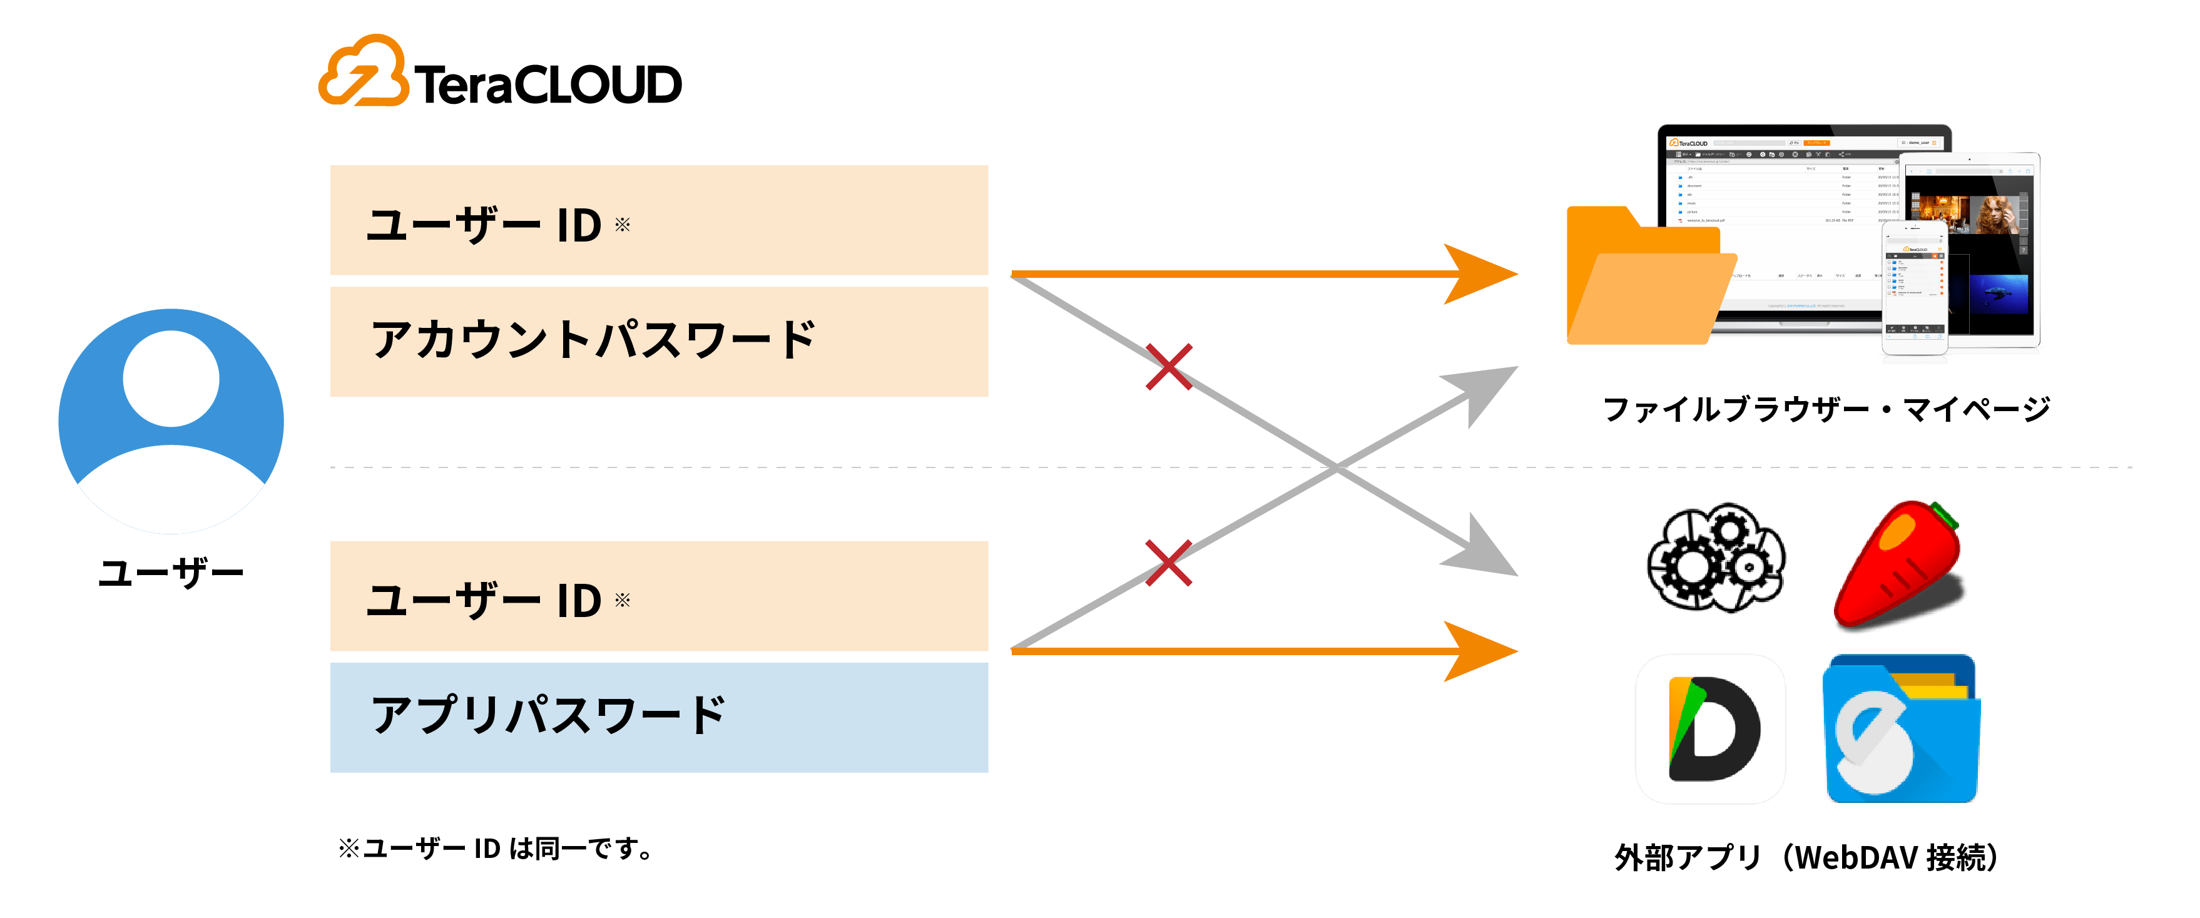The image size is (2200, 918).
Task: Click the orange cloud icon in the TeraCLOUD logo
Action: tap(364, 73)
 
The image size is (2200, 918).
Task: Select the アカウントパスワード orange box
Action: tap(658, 342)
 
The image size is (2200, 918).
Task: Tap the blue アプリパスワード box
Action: tap(658, 717)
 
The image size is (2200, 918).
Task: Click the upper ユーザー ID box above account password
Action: tap(658, 220)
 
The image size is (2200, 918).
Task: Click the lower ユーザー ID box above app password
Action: tap(658, 596)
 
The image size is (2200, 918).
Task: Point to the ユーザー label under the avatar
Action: tap(171, 574)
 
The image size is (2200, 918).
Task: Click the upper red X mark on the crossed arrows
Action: tap(1168, 367)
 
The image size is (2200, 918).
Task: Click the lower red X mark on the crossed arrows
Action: tap(1168, 563)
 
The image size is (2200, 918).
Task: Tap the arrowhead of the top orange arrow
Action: tap(1482, 274)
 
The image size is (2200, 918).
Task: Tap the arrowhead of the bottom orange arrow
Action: tap(1482, 651)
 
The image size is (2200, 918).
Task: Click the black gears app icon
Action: tap(1716, 558)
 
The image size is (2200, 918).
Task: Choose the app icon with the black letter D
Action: tap(1711, 728)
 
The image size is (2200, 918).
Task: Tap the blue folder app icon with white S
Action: tap(1901, 728)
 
